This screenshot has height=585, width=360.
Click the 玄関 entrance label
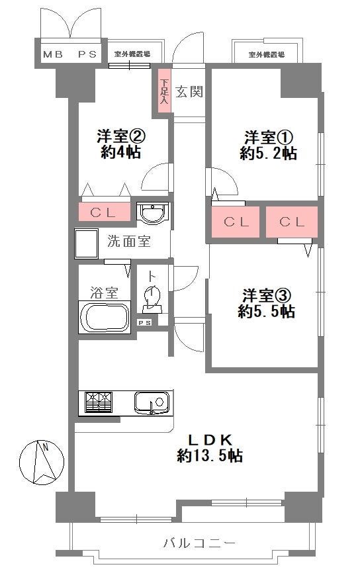coord(189,91)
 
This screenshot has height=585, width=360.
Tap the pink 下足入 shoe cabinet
coord(164,91)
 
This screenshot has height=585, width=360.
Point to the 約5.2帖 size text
coord(268,154)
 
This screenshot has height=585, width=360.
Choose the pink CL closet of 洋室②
coord(104,212)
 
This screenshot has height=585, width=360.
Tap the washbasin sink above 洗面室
coord(153,214)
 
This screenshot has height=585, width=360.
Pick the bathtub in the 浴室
coord(104,317)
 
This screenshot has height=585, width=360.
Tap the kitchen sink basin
coord(150,402)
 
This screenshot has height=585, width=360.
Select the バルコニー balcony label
coord(199,543)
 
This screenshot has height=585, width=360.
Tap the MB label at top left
coord(52,55)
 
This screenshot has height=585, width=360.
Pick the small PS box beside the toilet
coord(144,322)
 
